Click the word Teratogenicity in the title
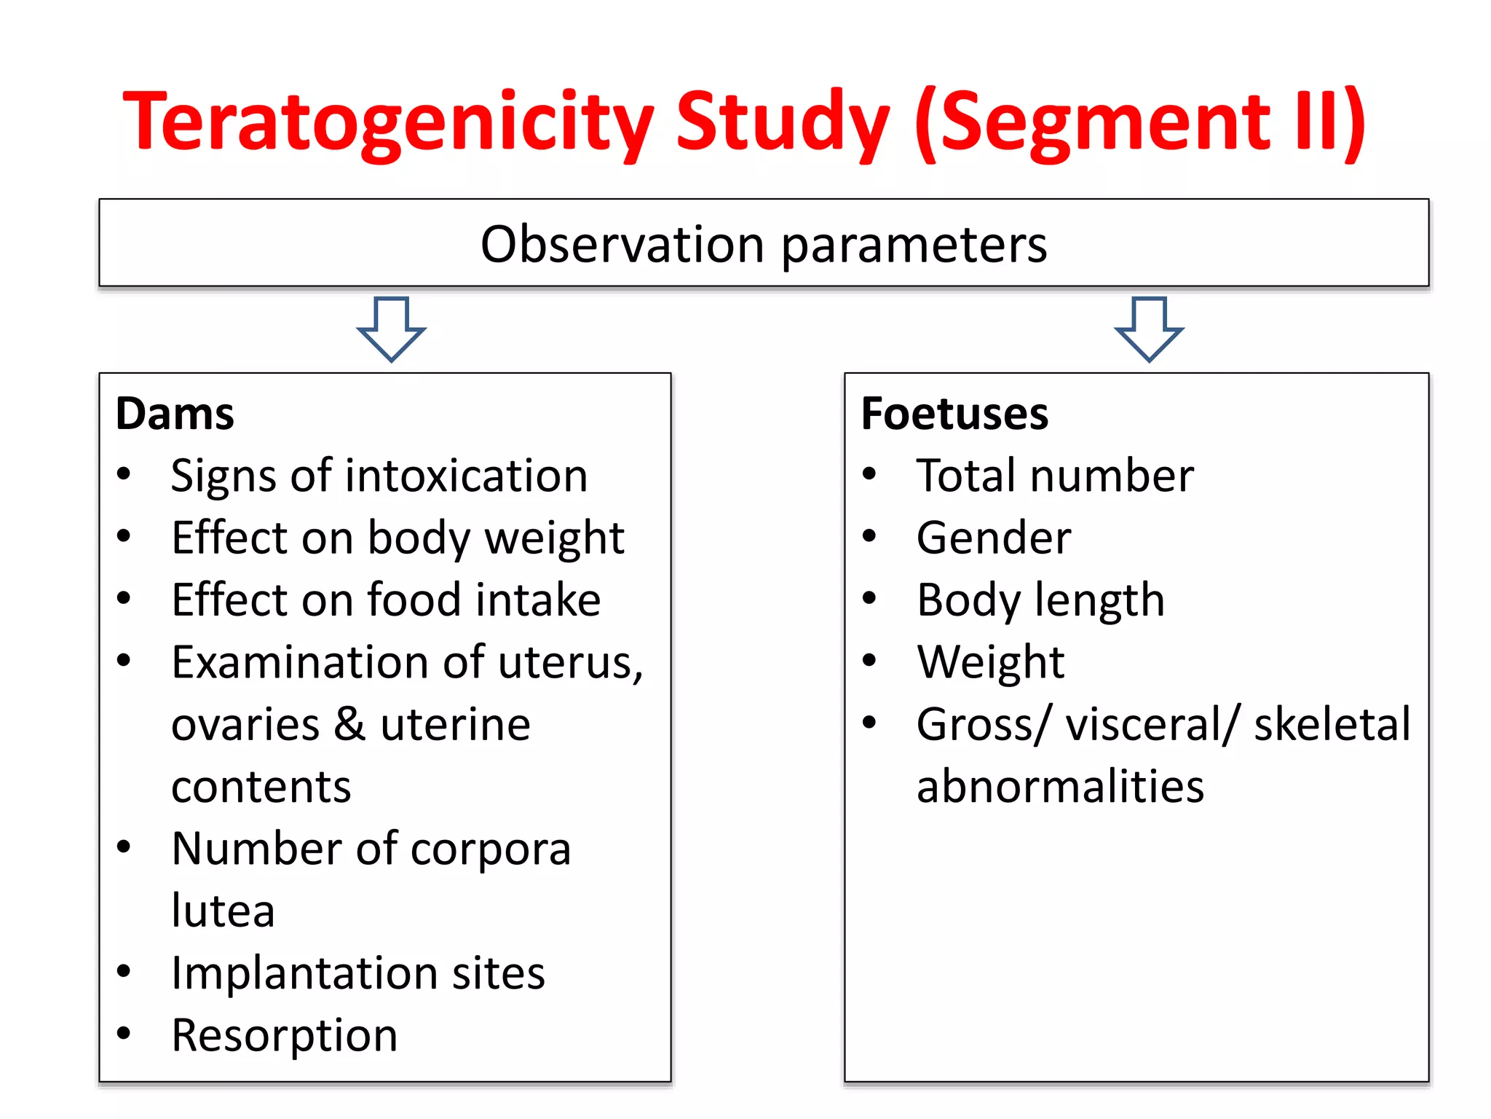pos(389,122)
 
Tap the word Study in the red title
pos(782,122)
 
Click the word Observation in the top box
pos(622,244)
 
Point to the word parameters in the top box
pos(914,246)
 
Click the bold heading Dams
pos(175,414)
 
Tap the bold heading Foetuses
pos(954,414)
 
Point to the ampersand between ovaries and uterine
pos(349,724)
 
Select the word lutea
pos(223,911)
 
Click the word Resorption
pos(285,1036)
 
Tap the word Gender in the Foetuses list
pos(994,538)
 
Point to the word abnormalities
pos(1060,787)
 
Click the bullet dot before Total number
pos(869,474)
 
